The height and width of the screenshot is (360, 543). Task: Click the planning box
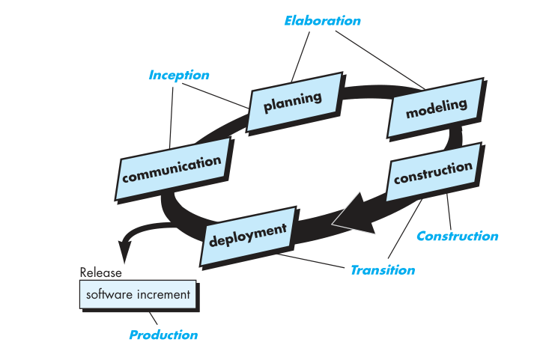coord(293,100)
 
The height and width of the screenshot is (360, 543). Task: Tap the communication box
coord(172,168)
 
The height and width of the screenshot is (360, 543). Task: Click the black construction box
coord(433,174)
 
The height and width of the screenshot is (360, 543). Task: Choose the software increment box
coord(139,295)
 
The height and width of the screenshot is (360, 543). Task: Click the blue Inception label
coord(179,75)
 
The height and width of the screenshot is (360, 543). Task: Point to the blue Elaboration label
coord(322,21)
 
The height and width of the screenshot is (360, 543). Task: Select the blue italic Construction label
coord(457,237)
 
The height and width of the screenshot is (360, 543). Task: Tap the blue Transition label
coord(382,270)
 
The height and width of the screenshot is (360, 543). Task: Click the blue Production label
coord(163,335)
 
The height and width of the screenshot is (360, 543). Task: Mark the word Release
coord(100,272)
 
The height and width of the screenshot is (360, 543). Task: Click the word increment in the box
coord(164,295)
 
